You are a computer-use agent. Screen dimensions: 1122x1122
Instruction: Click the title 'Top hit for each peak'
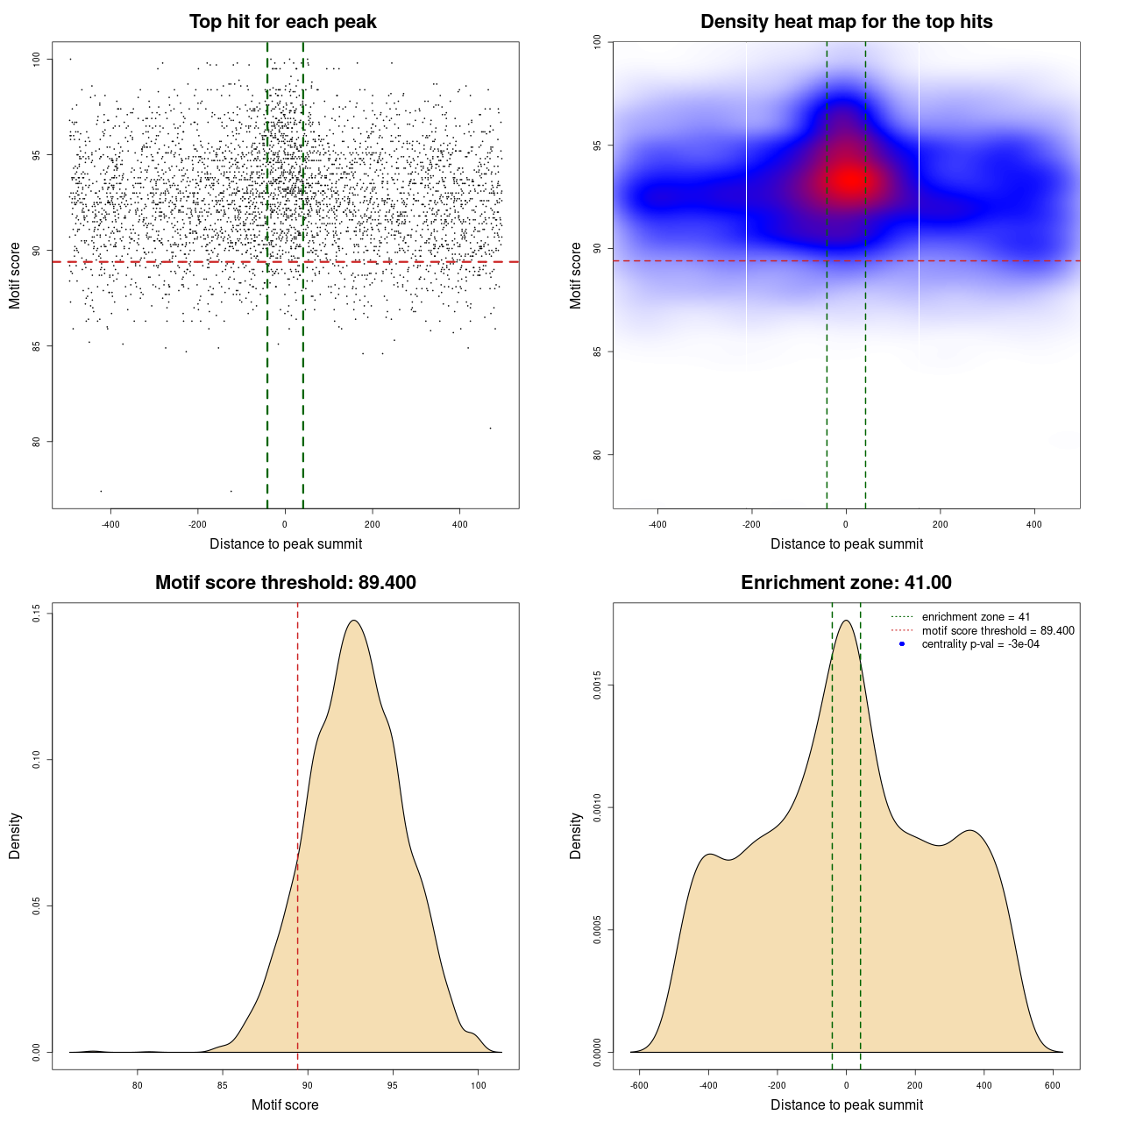click(282, 22)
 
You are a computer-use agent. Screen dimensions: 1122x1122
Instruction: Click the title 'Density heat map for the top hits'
click(846, 22)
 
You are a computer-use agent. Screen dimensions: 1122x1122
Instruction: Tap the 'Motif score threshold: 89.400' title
click(285, 583)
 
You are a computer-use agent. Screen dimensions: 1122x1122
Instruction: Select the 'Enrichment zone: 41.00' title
click(846, 583)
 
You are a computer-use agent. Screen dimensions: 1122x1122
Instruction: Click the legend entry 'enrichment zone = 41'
click(976, 617)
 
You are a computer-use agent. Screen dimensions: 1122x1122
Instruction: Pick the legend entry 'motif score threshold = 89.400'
click(998, 630)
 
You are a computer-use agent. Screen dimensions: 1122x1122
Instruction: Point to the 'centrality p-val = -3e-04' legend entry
click(980, 644)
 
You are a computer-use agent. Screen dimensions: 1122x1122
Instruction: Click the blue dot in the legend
click(902, 644)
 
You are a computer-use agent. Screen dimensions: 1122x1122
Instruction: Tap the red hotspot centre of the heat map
click(848, 180)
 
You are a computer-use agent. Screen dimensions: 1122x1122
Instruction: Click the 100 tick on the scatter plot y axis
click(37, 59)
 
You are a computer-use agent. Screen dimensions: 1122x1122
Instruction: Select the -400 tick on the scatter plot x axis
click(110, 524)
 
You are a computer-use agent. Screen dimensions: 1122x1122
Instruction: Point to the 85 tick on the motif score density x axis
click(223, 1085)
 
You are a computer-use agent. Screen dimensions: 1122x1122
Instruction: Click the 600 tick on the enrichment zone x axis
click(1053, 1085)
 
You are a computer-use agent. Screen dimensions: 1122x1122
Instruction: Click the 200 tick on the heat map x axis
click(941, 524)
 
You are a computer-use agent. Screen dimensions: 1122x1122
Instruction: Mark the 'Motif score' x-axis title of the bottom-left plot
click(285, 1104)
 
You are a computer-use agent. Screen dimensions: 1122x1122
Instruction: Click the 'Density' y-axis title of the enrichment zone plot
click(576, 835)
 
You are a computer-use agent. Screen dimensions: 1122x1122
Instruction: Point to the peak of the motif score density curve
click(353, 621)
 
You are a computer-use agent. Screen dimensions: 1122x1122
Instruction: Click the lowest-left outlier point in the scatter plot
click(101, 491)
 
